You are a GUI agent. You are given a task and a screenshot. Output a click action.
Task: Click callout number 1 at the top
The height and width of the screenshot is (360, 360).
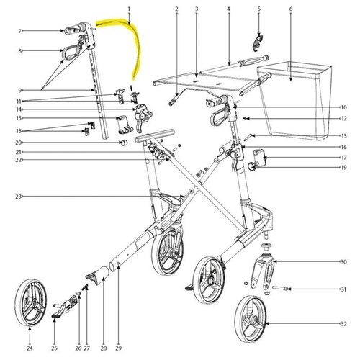click(129, 9)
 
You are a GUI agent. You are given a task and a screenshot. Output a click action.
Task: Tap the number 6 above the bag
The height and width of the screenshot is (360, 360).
click(291, 9)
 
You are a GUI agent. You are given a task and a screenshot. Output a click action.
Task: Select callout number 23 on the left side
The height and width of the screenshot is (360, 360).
click(19, 197)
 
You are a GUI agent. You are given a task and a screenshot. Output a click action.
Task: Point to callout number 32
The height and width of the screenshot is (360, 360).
click(343, 324)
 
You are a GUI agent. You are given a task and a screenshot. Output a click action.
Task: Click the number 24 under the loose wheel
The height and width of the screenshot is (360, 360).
click(30, 348)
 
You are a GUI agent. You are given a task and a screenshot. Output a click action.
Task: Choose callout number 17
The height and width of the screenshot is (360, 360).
click(343, 158)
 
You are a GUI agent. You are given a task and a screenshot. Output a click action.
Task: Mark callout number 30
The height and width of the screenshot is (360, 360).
click(343, 262)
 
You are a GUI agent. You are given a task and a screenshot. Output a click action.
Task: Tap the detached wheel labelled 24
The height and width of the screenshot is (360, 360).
click(31, 302)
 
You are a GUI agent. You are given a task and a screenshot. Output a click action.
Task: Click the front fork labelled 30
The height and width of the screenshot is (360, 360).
click(263, 271)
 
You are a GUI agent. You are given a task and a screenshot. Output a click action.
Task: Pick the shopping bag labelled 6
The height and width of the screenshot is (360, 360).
click(294, 101)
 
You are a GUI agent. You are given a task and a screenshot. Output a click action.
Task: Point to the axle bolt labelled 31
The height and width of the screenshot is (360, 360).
click(280, 288)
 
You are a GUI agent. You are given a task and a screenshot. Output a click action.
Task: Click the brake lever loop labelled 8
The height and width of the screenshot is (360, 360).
click(71, 52)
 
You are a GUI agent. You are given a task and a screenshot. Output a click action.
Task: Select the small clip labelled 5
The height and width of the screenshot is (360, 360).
click(258, 42)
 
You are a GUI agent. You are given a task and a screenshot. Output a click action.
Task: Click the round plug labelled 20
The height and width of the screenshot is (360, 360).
click(124, 143)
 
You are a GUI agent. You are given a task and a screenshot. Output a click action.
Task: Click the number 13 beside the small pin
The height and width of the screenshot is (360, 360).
click(343, 136)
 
